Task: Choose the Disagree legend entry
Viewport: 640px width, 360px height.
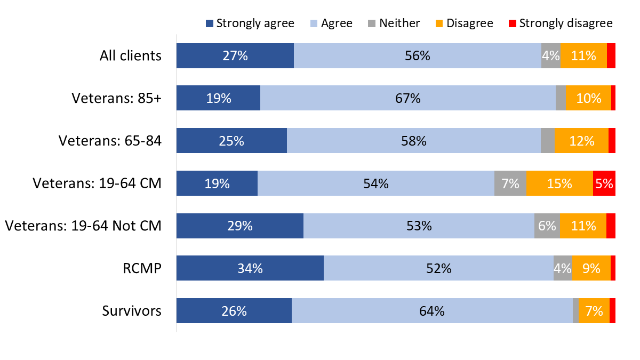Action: pyautogui.click(x=464, y=23)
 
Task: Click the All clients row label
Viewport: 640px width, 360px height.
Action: pyautogui.click(x=130, y=55)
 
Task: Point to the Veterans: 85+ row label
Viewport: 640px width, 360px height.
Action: pyautogui.click(x=116, y=98)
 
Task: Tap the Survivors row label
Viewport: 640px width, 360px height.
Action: pyautogui.click(x=132, y=311)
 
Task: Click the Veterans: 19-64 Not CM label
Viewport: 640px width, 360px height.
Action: pyautogui.click(x=83, y=226)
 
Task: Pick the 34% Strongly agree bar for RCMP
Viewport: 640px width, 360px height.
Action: pyautogui.click(x=250, y=268)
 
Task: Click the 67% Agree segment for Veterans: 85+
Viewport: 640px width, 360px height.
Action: pyautogui.click(x=407, y=98)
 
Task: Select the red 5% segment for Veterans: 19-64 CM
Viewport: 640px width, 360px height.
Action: pyautogui.click(x=604, y=183)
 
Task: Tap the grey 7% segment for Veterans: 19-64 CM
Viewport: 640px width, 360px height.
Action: pyautogui.click(x=510, y=183)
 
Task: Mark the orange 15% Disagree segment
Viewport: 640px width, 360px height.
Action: pyautogui.click(x=559, y=183)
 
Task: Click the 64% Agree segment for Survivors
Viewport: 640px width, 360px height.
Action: pyautogui.click(x=432, y=311)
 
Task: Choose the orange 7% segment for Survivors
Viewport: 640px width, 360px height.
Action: pyautogui.click(x=594, y=311)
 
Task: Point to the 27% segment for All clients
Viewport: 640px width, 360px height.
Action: pyautogui.click(x=235, y=55)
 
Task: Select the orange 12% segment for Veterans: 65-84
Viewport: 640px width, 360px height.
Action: pyautogui.click(x=581, y=141)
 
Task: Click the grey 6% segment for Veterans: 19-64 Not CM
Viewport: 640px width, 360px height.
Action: pyautogui.click(x=547, y=226)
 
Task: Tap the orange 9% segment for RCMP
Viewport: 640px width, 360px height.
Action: pyautogui.click(x=591, y=268)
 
